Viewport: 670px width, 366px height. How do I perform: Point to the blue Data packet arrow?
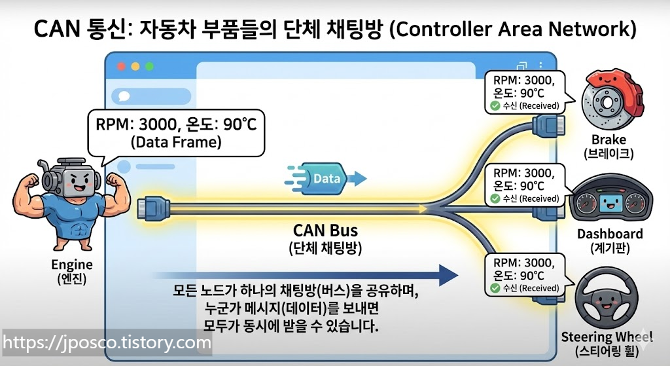pyautogui.click(x=325, y=177)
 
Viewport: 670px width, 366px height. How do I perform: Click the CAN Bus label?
pyautogui.click(x=325, y=231)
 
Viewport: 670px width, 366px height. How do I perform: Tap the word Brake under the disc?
pyautogui.click(x=608, y=139)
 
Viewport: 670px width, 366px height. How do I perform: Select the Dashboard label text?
pyautogui.click(x=610, y=234)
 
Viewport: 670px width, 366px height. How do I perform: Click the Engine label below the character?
pyautogui.click(x=71, y=265)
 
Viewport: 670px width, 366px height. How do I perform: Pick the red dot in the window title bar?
pyautogui.click(x=120, y=66)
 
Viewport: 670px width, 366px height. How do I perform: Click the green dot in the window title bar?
pyautogui.click(x=149, y=66)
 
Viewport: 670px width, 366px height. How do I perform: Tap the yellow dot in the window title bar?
pyautogui.click(x=135, y=66)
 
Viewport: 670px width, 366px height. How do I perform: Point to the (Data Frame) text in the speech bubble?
pyautogui.click(x=176, y=141)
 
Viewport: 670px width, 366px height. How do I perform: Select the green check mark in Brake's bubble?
pyautogui.click(x=495, y=105)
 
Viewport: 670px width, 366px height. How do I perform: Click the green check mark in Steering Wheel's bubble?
pyautogui.click(x=495, y=288)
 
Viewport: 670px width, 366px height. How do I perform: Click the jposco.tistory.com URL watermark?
pyautogui.click(x=107, y=342)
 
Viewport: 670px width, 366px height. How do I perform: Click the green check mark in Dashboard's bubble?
pyautogui.click(x=495, y=198)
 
